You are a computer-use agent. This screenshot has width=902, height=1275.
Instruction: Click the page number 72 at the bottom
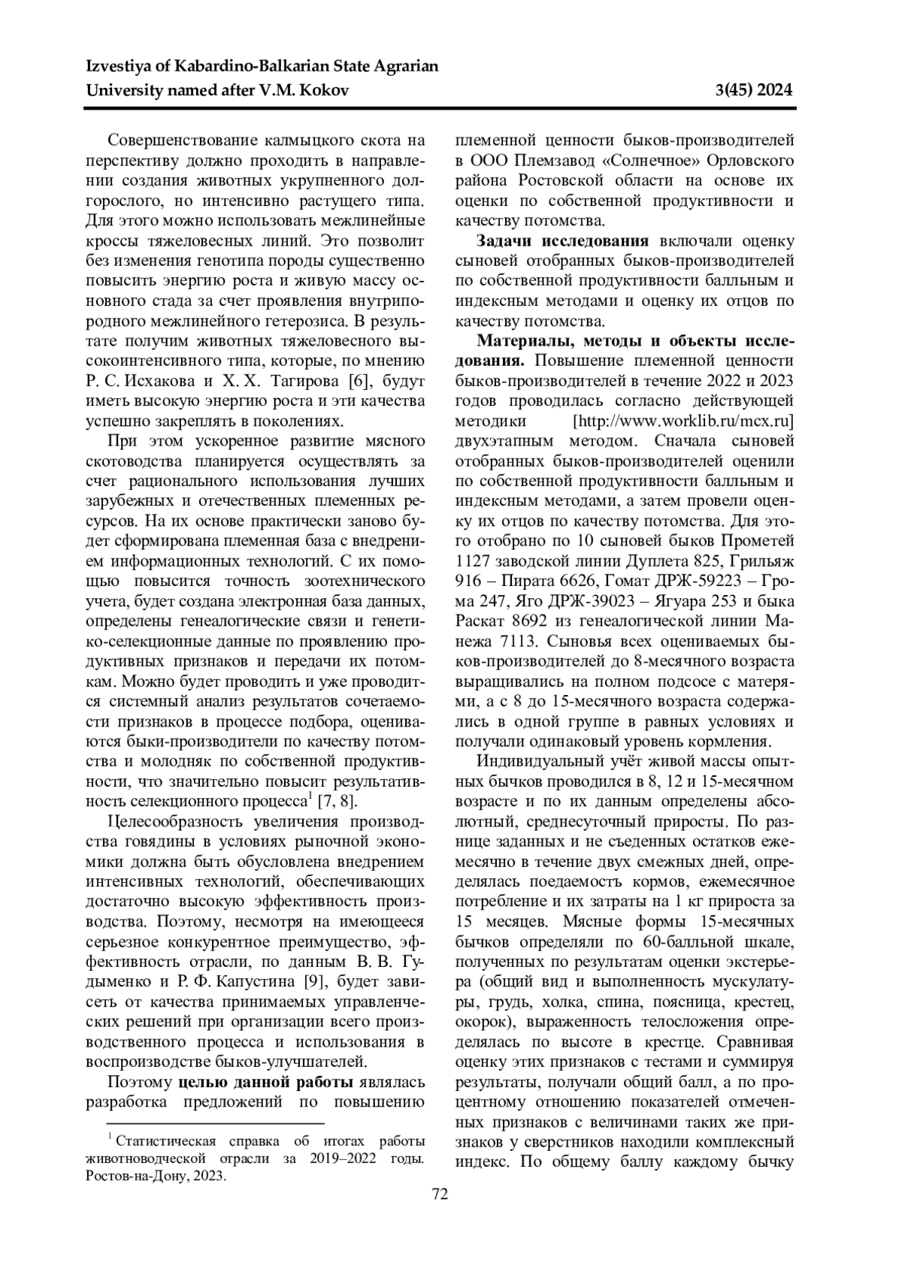440,1194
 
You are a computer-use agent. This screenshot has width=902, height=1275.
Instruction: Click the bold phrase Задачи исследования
563,241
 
